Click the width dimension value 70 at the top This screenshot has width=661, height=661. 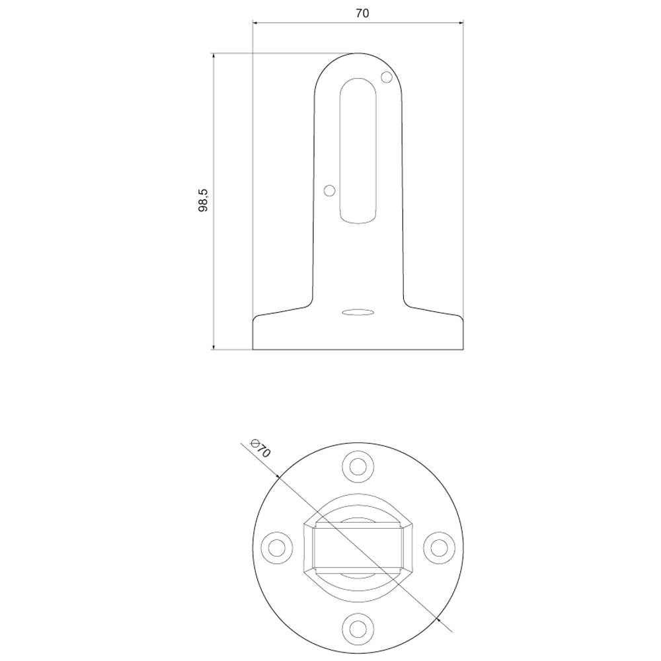(x=362, y=13)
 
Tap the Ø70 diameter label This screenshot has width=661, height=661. (x=262, y=449)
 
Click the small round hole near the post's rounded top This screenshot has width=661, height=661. (x=387, y=78)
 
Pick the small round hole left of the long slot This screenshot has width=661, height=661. (x=329, y=190)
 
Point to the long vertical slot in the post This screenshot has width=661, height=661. (x=358, y=151)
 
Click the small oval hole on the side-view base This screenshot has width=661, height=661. (x=358, y=311)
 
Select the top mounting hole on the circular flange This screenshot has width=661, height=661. (x=358, y=465)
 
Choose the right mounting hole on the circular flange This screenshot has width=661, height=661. (x=439, y=547)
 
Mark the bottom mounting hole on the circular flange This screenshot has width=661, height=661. (x=358, y=627)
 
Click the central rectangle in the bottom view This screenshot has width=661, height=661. (x=358, y=546)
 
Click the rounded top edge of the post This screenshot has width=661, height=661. (x=358, y=54)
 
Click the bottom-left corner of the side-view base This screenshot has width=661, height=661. (x=253, y=349)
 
